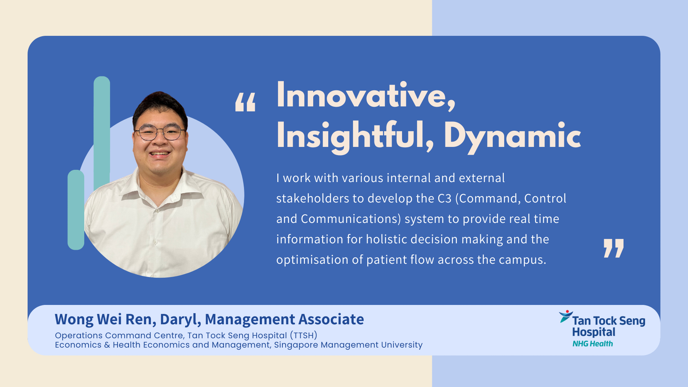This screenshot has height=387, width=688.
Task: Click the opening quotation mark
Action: pos(245,102)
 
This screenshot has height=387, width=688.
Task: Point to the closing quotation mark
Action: pos(613,248)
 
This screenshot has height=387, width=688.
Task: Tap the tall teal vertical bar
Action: pos(102,133)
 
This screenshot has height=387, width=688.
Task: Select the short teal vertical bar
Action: pos(76,210)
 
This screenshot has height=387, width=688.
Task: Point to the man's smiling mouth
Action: pos(159,154)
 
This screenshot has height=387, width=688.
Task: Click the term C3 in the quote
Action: pos(444,199)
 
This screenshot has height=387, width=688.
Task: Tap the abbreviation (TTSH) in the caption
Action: pos(304,336)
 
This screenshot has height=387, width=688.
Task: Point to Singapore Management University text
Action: pos(348,345)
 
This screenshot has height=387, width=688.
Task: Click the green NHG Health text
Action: pos(593,344)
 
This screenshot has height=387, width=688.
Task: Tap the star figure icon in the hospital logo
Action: pos(566,316)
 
